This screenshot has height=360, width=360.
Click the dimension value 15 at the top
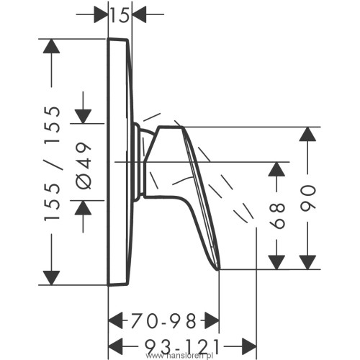point(120,15)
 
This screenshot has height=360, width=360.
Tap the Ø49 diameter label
point(84,166)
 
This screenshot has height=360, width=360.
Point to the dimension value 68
point(277,216)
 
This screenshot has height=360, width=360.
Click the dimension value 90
point(307,198)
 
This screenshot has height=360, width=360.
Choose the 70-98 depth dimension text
point(163,321)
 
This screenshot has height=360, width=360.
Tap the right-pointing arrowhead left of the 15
point(101,14)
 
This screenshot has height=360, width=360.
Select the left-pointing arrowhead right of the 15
point(139,14)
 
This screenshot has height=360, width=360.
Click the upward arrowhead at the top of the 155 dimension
point(51,46)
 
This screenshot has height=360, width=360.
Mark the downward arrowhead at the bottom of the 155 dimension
point(51,278)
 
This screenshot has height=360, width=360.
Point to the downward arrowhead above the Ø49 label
point(83,117)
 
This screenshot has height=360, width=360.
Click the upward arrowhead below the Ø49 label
point(83,207)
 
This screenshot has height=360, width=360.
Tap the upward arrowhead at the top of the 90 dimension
point(307,134)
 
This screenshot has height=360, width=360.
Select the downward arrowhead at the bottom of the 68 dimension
point(276,262)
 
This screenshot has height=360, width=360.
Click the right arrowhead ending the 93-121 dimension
point(249,346)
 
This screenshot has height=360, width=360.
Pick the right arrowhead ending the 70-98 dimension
point(212,320)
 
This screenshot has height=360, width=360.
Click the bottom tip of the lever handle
point(218,270)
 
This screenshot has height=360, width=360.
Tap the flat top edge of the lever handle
point(171,127)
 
